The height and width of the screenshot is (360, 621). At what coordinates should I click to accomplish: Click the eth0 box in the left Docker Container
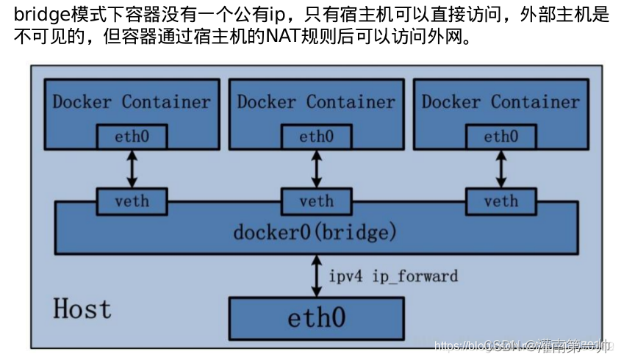132,136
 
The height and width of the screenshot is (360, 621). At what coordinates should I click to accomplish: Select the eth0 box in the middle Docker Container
316,136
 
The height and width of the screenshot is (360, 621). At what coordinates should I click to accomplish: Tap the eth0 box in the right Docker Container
500,136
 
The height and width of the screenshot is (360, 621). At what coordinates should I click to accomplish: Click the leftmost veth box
132,201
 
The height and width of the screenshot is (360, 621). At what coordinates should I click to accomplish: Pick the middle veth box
316,201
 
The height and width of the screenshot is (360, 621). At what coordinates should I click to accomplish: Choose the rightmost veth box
500,201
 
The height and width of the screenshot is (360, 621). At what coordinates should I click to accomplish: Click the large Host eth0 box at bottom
316,319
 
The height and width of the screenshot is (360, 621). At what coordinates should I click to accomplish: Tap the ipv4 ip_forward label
392,276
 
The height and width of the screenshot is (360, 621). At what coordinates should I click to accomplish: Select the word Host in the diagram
82,308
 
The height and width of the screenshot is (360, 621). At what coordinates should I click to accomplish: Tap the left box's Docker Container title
132,101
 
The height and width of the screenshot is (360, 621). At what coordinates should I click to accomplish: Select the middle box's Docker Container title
316,101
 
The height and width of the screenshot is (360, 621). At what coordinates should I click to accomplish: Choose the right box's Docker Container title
500,101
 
